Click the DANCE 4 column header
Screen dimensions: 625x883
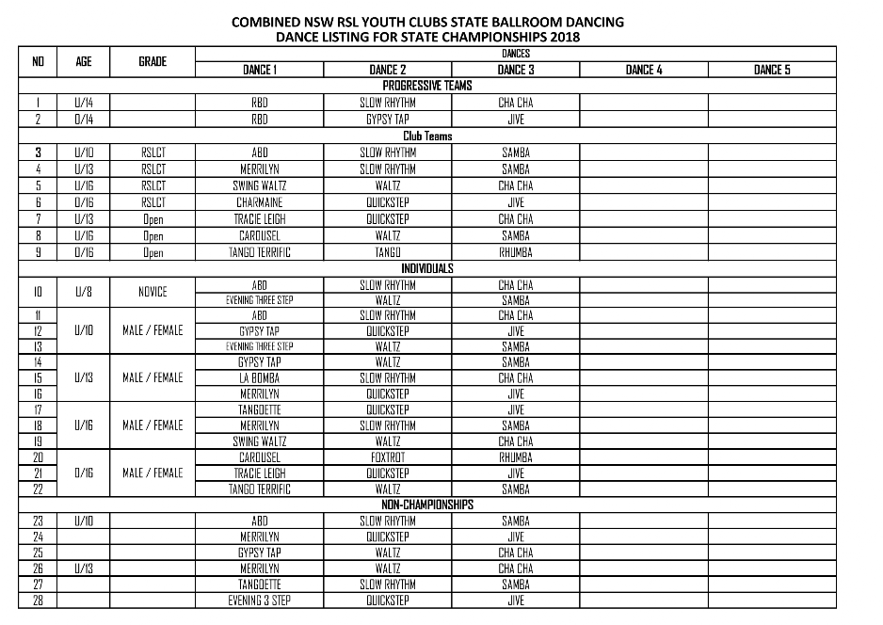click(643, 70)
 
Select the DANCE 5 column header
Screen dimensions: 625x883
click(772, 70)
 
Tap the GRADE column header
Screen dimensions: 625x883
click(153, 61)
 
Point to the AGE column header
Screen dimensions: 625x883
click(84, 61)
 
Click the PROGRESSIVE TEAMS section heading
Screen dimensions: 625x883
click(427, 86)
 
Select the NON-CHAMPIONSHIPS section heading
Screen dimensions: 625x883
click(427, 505)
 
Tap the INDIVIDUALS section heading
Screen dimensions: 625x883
click(427, 268)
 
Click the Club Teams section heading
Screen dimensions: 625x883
click(427, 136)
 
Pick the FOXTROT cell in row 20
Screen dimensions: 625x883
click(387, 457)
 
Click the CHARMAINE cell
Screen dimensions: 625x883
click(260, 202)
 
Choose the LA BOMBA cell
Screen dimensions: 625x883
click(260, 377)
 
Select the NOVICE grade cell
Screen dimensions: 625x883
click(153, 292)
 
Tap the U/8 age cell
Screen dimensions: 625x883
click(84, 292)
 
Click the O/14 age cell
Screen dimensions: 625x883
click(84, 120)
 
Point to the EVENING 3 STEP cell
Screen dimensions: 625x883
click(260, 601)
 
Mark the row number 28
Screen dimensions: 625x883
click(39, 601)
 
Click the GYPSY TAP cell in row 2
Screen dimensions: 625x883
click(387, 120)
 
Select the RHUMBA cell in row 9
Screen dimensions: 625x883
click(515, 252)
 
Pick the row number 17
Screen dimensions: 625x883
click(39, 409)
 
